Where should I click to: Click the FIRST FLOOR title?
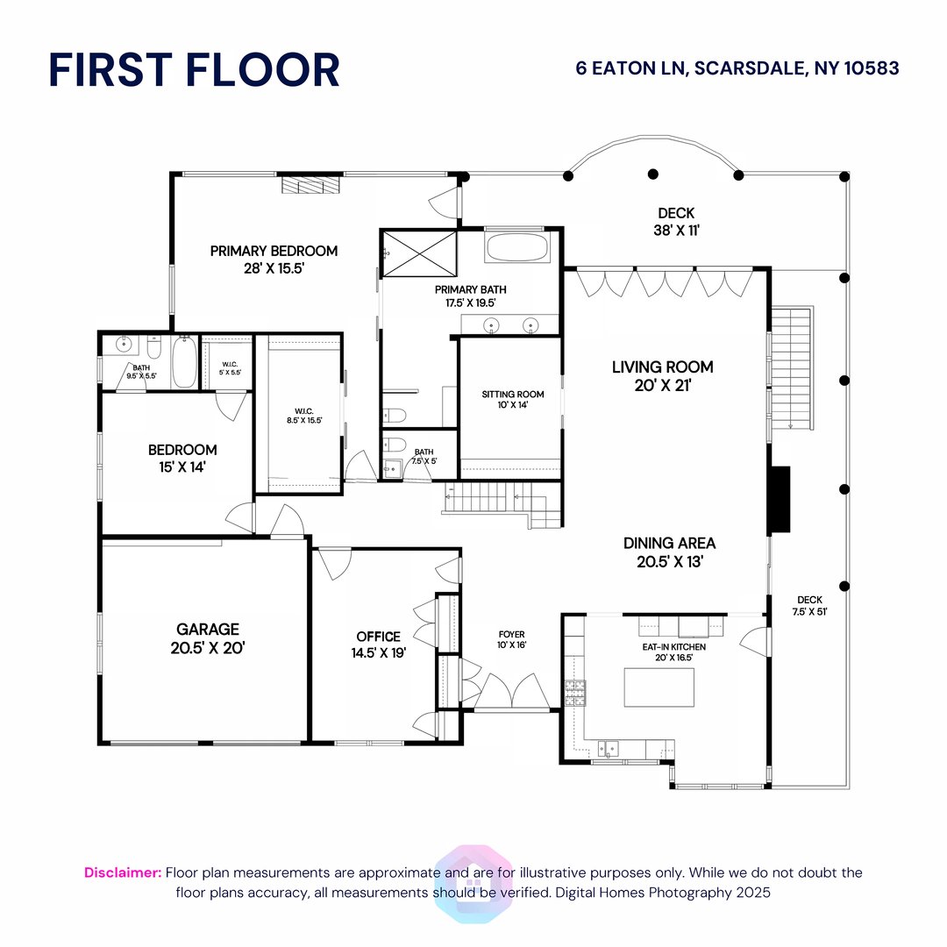(194, 70)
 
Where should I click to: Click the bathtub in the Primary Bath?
(517, 246)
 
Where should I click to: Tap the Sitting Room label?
(512, 399)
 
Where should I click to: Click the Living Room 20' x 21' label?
(662, 375)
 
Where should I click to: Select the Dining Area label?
(669, 552)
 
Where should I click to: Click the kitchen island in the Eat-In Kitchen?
(658, 687)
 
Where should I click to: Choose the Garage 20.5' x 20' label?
(207, 638)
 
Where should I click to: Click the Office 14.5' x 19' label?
(378, 644)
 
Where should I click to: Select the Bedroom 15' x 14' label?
(182, 459)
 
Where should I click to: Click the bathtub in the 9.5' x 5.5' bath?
(184, 363)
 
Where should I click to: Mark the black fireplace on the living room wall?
(779, 500)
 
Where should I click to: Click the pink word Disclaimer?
(123, 872)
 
